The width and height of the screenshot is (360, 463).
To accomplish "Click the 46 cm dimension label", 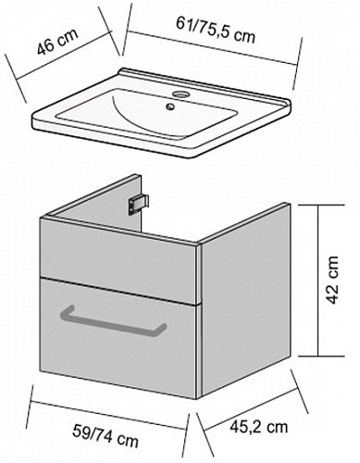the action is (57, 41).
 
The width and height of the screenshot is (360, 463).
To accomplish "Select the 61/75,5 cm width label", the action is (216, 30).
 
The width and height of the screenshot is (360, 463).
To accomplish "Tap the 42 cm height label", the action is (332, 280).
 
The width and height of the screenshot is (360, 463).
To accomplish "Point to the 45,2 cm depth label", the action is (258, 427).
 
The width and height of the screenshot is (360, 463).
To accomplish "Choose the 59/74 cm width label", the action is (106, 435).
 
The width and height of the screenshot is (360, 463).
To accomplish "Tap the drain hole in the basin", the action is (170, 106).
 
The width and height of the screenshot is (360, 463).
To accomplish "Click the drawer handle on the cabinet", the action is (113, 321).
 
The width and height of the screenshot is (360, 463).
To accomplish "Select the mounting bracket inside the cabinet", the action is (139, 204).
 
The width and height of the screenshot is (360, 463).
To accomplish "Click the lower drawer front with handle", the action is (118, 337).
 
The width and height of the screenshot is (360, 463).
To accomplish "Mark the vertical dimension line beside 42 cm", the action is (318, 281).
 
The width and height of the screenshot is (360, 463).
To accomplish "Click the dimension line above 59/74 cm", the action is (108, 415).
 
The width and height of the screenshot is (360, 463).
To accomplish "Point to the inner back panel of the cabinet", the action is (95, 201).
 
